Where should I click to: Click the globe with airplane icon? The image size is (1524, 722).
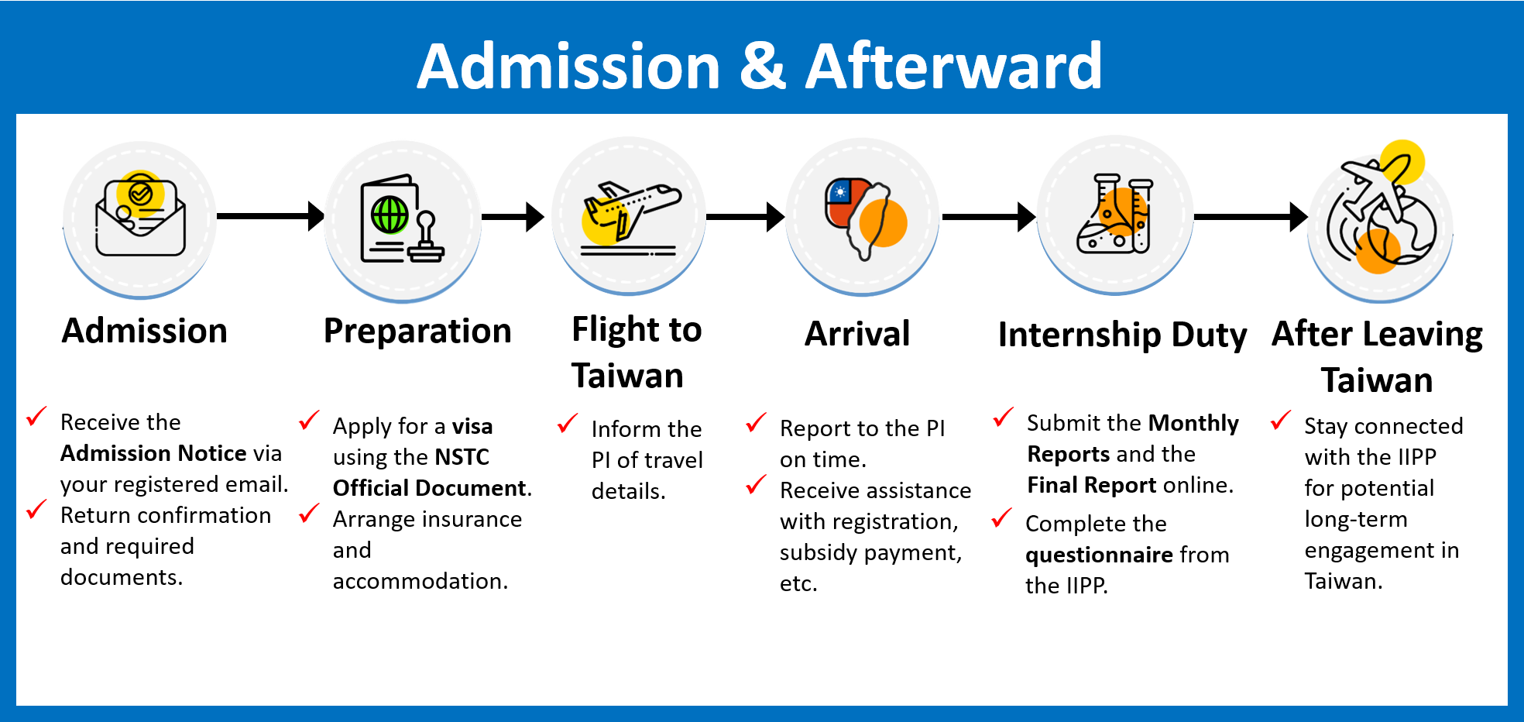[1382, 213]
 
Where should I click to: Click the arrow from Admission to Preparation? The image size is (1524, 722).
[269, 216]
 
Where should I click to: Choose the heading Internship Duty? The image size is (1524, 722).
[1122, 335]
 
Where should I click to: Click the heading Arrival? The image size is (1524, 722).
[857, 334]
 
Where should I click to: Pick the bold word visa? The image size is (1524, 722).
[472, 426]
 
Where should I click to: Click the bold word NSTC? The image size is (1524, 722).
[462, 457]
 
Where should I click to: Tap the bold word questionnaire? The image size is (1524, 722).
[1099, 555]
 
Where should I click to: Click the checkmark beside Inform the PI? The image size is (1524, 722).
[568, 423]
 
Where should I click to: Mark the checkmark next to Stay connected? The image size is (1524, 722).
[1281, 421]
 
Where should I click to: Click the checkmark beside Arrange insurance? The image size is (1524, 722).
[309, 513]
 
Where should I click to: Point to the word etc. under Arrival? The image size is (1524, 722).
[798, 583]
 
